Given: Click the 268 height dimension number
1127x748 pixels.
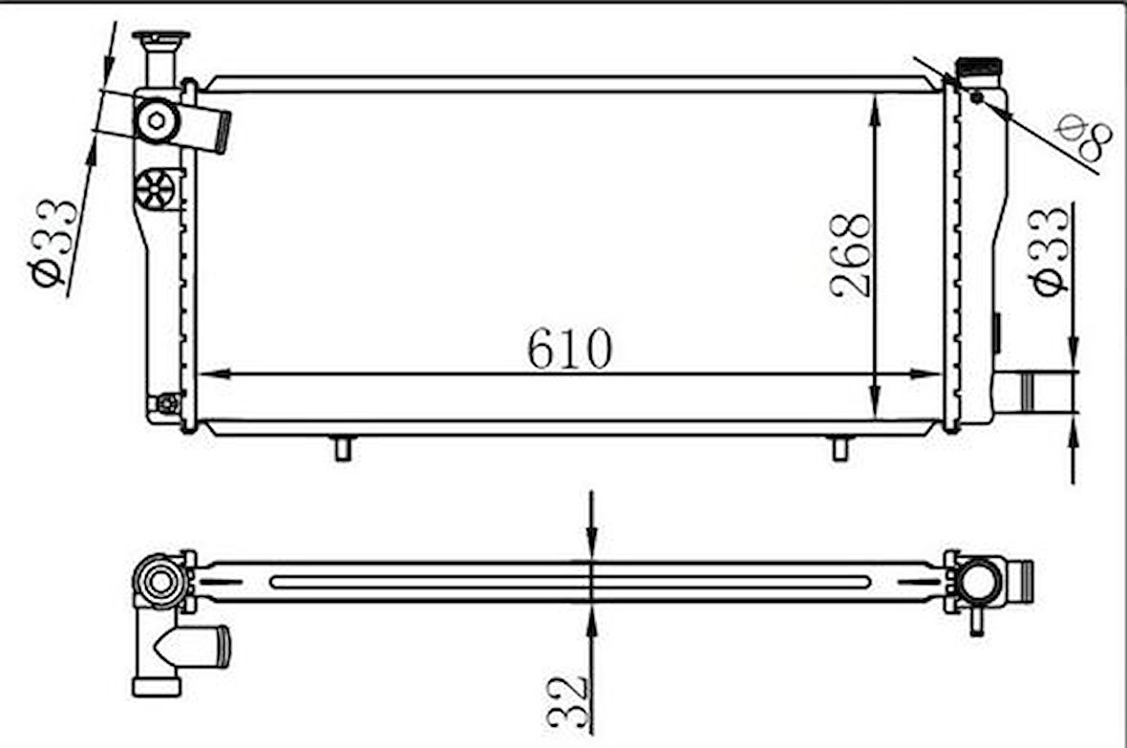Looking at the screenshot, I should coord(850,256).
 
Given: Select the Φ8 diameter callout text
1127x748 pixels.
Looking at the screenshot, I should coord(1085,140).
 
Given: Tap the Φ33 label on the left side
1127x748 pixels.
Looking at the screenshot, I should coord(54,243).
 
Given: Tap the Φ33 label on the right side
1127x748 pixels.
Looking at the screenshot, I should coord(1048,252).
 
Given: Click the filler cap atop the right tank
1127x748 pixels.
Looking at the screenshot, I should coord(978,70).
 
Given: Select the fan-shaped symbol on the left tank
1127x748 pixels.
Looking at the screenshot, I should coord(156,188).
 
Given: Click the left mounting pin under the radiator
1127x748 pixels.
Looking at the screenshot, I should coord(343,447).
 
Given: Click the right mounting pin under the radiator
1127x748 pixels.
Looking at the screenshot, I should coord(840,447).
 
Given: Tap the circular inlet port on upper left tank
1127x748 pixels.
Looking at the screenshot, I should coord(157,121).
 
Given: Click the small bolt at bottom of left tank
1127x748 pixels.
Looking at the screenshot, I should coord(168,404).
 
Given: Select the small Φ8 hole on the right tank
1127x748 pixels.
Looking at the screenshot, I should coord(976,96).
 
